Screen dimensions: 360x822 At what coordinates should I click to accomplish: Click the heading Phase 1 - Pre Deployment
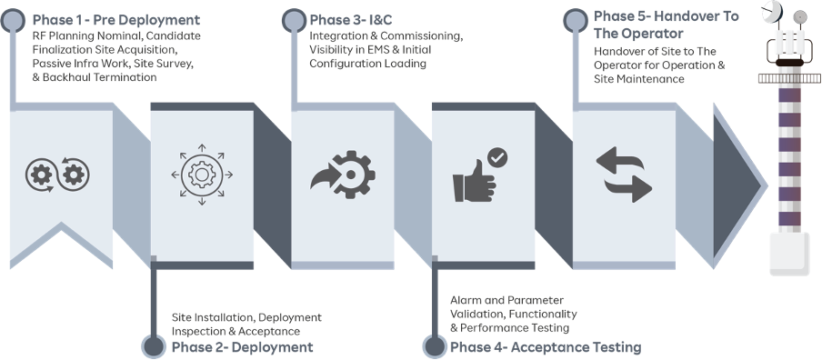coord(115,19)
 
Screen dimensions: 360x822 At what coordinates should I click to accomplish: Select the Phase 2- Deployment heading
coord(242,347)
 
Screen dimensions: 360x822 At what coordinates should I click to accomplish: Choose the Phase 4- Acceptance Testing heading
coord(545,347)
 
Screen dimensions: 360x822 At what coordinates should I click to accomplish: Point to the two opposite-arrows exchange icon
coord(624,175)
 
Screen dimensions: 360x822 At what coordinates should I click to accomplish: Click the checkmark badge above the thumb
coord(497,157)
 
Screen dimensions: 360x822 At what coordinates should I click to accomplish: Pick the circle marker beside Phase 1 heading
coord(12,19)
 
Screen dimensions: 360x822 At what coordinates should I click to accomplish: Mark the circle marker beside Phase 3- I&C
coord(293,19)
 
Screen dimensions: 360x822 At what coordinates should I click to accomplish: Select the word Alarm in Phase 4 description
coord(466,300)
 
